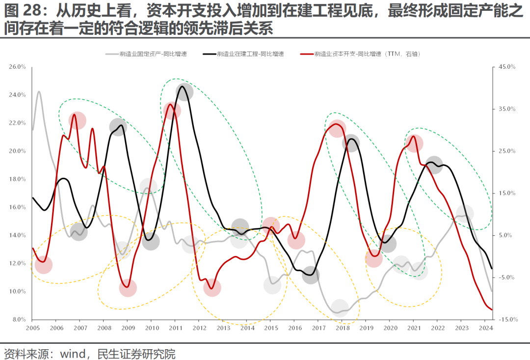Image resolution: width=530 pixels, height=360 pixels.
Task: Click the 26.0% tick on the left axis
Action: point(18,67)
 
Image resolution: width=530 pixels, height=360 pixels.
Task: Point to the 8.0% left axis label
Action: point(19,320)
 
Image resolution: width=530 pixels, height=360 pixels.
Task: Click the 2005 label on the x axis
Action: point(32,328)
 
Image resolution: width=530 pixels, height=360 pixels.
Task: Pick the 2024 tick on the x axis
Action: point(485,328)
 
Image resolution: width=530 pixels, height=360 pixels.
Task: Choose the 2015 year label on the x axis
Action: point(270,328)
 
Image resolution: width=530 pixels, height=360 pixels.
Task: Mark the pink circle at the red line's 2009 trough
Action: point(128,288)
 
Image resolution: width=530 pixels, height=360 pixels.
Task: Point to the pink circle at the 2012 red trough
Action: point(212,288)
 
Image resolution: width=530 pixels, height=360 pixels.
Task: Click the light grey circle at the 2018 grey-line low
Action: point(340,308)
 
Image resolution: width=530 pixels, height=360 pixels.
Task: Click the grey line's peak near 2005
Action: point(39,91)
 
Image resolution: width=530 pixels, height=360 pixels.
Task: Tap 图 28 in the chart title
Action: point(21,11)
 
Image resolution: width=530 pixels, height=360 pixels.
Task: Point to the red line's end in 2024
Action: point(492,309)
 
